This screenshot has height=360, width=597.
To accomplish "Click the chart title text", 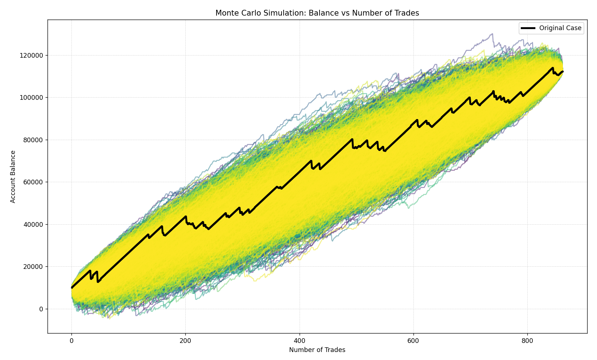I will click(317, 13).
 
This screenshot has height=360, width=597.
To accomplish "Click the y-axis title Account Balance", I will click(13, 176).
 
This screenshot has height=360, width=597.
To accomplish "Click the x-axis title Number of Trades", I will click(317, 350).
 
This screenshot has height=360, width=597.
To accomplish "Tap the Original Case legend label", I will click(560, 28).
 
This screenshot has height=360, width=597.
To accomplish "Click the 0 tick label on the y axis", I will click(41, 309).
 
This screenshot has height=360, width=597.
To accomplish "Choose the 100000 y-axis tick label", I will click(32, 98).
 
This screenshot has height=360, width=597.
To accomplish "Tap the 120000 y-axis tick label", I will click(32, 56).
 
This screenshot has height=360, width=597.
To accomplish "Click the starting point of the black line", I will click(72, 287).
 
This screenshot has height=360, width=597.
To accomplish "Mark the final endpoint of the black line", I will click(563, 71).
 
